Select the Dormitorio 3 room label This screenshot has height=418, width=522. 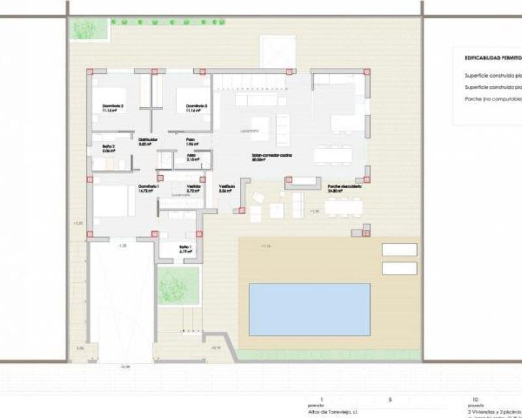click(196, 106)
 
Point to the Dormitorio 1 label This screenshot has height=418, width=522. click(148, 187)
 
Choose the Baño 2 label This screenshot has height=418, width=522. click(109, 147)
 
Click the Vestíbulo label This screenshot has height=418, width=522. click(226, 187)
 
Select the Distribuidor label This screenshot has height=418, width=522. click(148, 139)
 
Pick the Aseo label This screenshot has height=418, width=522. click(191, 156)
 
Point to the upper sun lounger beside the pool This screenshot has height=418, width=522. click(399, 249)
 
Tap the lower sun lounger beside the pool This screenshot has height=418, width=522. click(399, 268)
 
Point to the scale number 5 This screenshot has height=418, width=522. click(390, 398)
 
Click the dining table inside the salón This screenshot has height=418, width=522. click(333, 155)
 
